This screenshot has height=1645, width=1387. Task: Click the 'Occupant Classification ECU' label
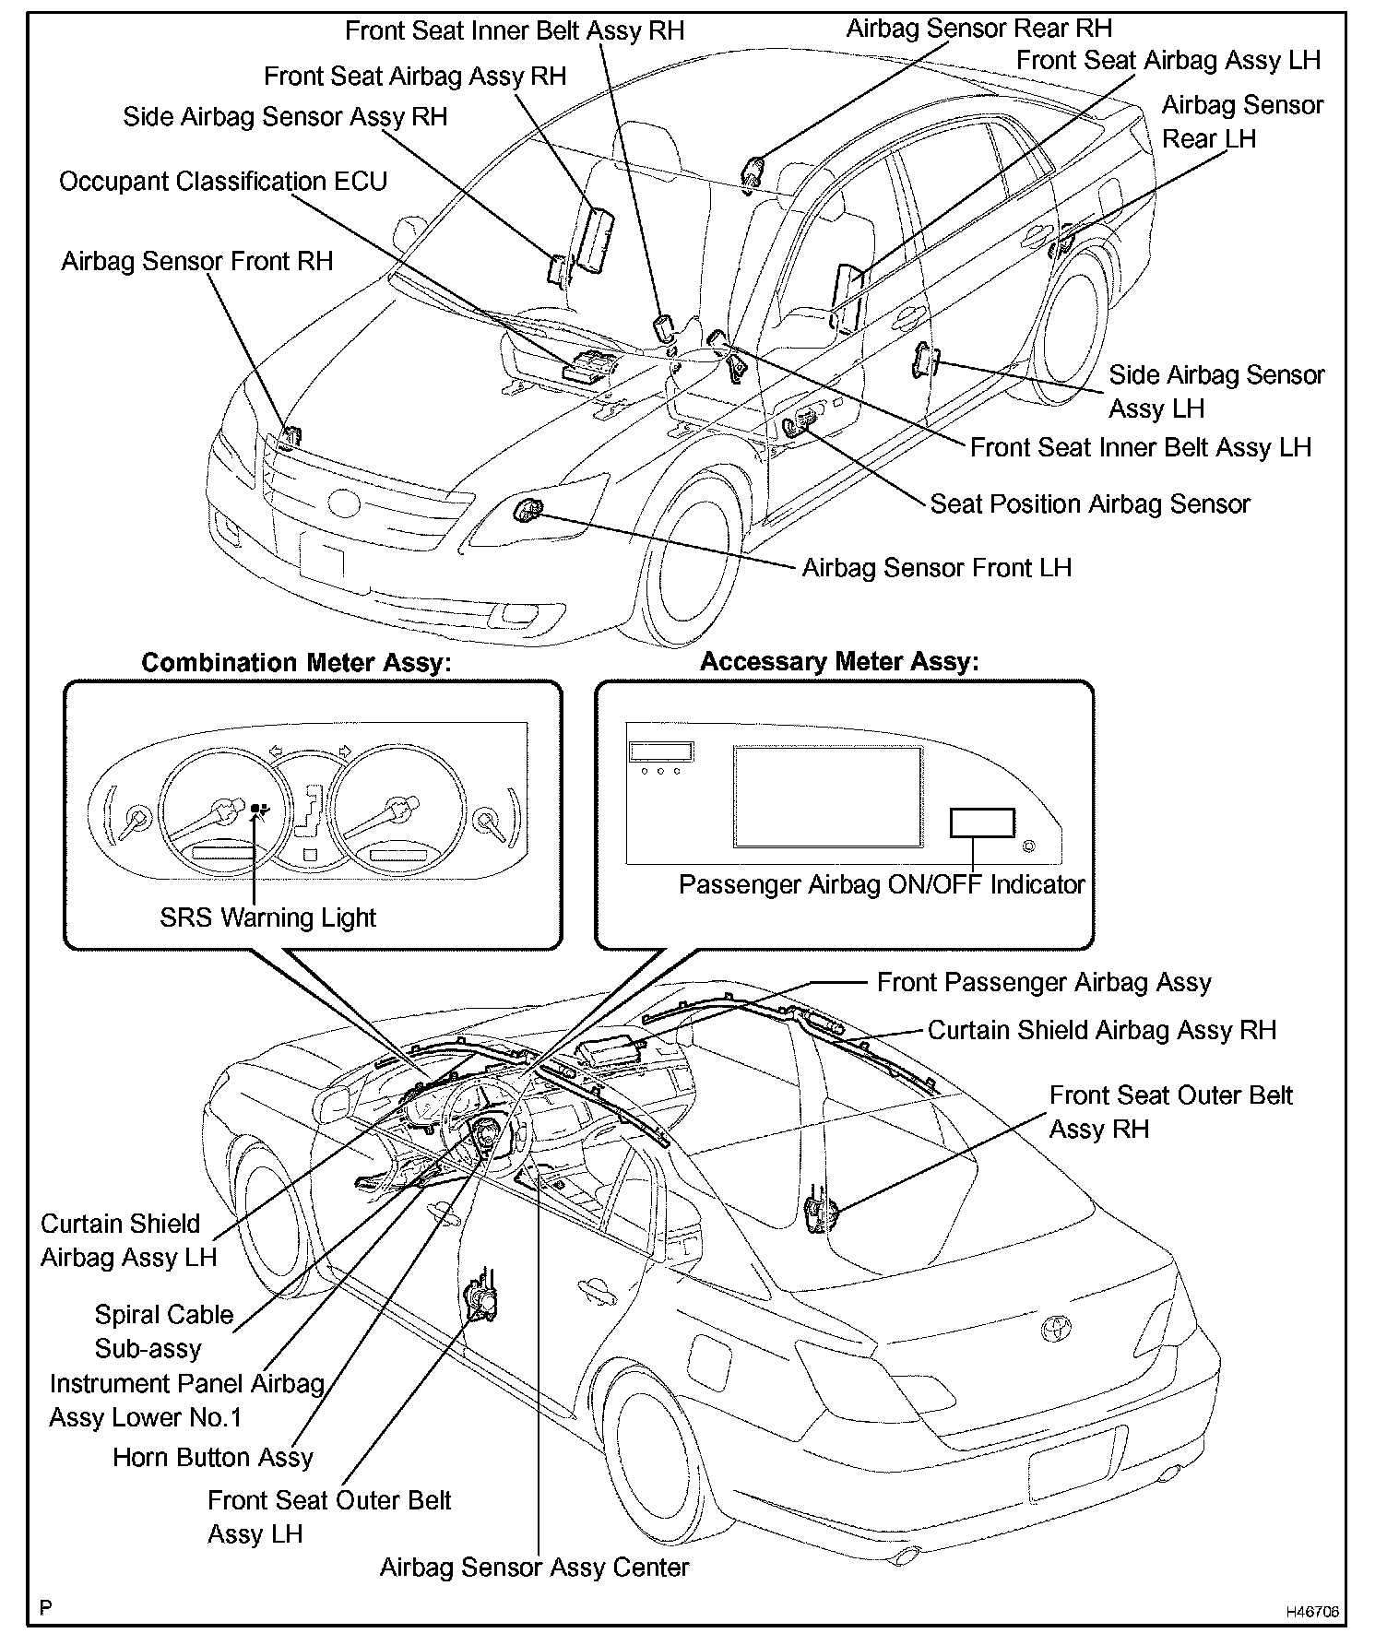pos(223,182)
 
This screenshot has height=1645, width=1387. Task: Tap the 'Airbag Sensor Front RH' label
pos(197,262)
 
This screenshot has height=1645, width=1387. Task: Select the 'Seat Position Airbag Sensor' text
pos(1089,504)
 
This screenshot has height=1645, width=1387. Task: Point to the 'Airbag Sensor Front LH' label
pos(936,567)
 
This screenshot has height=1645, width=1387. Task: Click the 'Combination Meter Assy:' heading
pos(296,663)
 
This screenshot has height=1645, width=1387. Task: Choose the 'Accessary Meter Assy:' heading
pos(839,662)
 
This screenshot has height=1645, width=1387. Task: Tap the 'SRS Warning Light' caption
pos(267,917)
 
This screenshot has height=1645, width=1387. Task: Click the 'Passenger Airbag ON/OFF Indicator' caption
pos(882,885)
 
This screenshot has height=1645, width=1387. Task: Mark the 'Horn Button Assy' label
pos(213,1458)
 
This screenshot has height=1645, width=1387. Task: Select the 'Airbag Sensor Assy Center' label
pos(534,1568)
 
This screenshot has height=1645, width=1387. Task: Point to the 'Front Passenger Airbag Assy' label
pos(1043,983)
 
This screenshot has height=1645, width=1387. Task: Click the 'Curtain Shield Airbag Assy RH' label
pos(1101,1030)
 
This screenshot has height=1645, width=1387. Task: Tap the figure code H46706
pos(1312,1612)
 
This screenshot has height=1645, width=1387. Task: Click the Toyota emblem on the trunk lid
pos(1053,1328)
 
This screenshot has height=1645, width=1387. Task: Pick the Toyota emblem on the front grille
pos(345,503)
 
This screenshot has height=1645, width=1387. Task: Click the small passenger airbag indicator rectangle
pos(982,822)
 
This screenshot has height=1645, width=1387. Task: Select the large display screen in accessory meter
pos(828,797)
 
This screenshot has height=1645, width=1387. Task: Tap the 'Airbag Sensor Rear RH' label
pos(978,29)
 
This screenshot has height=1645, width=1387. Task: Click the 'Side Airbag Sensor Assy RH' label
pos(285,117)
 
